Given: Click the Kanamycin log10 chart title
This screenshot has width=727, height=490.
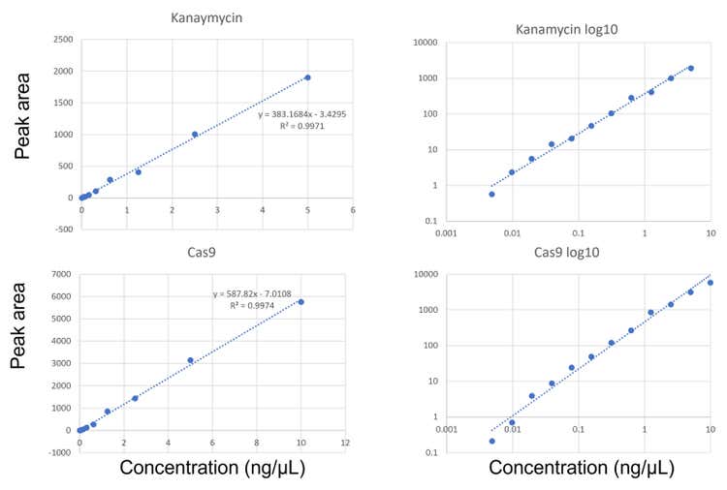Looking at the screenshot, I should coord(567,29).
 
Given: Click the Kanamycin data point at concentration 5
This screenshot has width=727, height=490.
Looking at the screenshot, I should coord(307,77).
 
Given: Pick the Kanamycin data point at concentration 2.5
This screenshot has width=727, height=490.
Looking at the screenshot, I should coord(195,135).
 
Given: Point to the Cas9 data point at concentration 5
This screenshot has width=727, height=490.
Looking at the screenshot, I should coord(191,360).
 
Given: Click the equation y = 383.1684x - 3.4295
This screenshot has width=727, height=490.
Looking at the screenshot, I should coord(302,114).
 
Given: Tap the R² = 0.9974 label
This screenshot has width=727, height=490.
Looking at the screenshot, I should coord(258,305).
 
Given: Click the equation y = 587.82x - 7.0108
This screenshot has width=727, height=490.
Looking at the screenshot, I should coord(258,293).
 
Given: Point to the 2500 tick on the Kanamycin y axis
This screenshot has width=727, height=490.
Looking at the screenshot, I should coord(61,41).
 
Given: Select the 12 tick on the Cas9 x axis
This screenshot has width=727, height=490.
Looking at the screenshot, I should coord(345,444).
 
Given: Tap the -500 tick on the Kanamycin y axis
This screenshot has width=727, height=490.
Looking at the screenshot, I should coord(61,230).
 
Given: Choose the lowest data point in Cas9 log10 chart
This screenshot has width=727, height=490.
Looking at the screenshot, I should coord(492,442).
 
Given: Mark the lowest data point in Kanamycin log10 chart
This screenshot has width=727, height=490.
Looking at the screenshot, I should coord(491,194).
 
